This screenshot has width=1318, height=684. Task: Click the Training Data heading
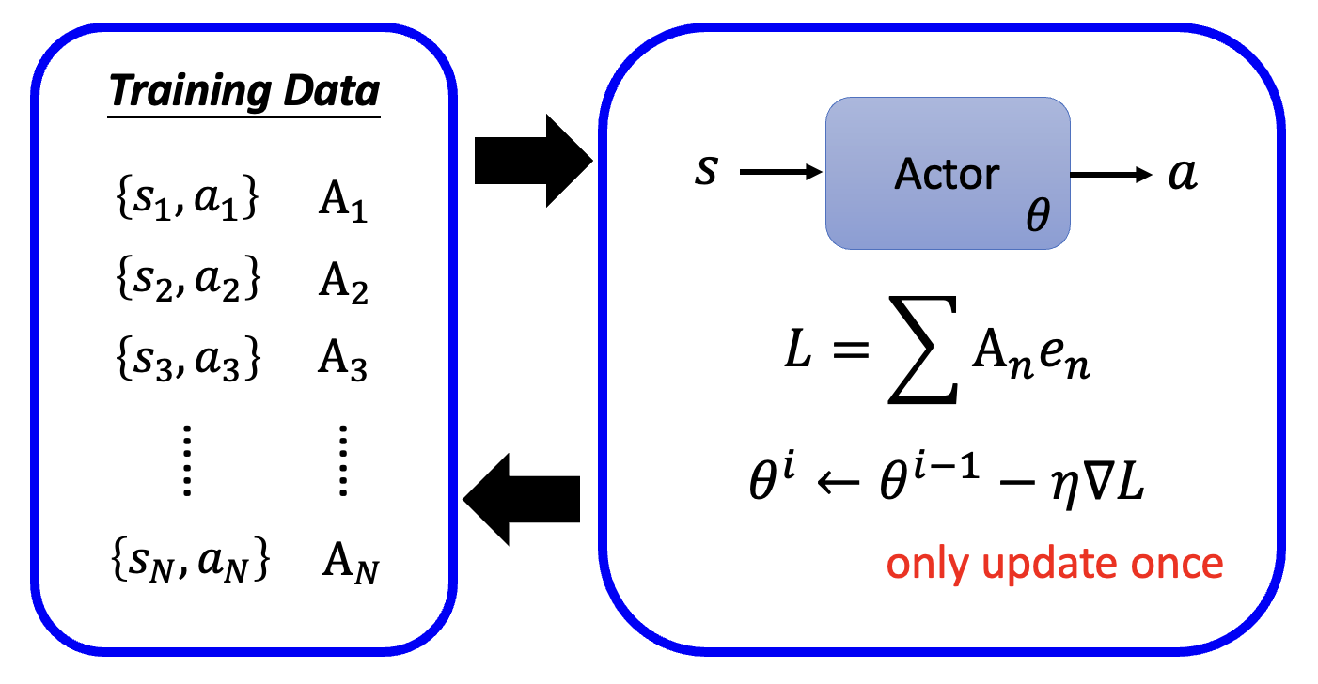point(243,92)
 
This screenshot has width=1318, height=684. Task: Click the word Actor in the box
point(947,174)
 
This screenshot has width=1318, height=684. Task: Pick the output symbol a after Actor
point(1184,174)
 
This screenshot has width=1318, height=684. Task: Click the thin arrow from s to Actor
point(781,173)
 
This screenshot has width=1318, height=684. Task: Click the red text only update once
point(1055,563)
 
